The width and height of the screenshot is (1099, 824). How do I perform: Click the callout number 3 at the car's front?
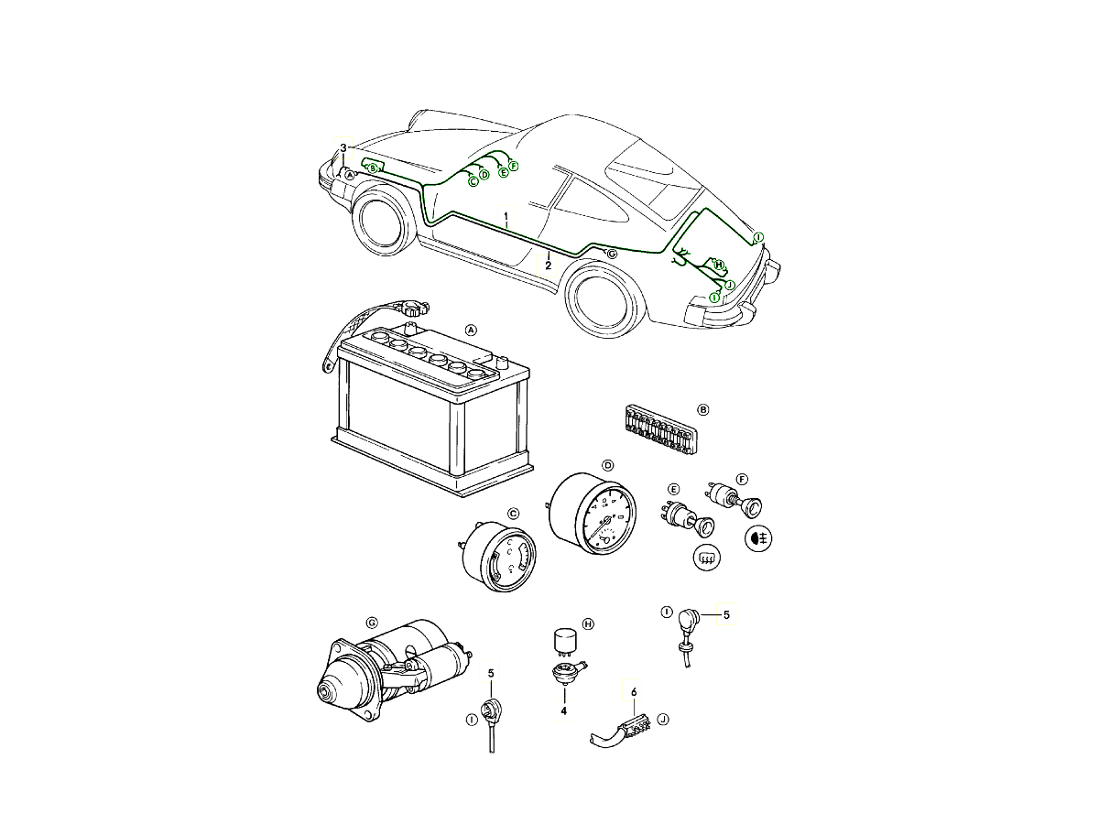tap(343, 148)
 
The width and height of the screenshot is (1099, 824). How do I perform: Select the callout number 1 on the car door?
tap(506, 216)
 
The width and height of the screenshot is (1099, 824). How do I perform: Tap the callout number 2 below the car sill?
tap(549, 266)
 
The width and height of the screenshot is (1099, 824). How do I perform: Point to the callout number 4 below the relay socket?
tap(564, 711)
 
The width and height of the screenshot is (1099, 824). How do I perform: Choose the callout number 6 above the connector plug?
tap(634, 692)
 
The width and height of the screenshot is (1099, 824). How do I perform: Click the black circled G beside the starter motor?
tap(372, 623)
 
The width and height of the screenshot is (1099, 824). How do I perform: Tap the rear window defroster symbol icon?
tap(706, 558)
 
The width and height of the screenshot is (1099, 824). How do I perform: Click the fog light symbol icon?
tap(758, 538)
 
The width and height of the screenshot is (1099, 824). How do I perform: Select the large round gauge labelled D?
tap(593, 515)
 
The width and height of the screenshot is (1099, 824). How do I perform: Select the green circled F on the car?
tap(513, 166)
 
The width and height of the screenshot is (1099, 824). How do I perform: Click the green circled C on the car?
tap(473, 181)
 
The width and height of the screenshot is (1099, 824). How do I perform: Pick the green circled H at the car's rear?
tap(719, 265)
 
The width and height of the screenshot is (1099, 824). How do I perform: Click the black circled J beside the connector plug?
tap(663, 720)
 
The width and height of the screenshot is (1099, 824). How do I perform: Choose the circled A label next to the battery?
tap(471, 331)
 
